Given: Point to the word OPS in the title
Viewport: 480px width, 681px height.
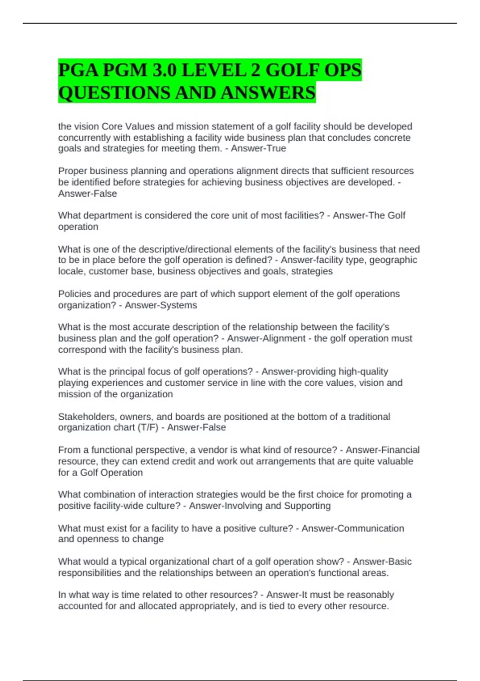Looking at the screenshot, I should (x=343, y=71).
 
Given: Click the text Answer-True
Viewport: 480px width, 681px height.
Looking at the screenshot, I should (x=258, y=149).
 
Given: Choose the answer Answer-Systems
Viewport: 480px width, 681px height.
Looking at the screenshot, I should (x=161, y=305).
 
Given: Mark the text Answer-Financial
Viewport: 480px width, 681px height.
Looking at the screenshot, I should (x=383, y=450).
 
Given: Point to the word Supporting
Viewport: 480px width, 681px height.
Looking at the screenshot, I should (x=307, y=506).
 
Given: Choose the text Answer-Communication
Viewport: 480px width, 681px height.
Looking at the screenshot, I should (x=353, y=528).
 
